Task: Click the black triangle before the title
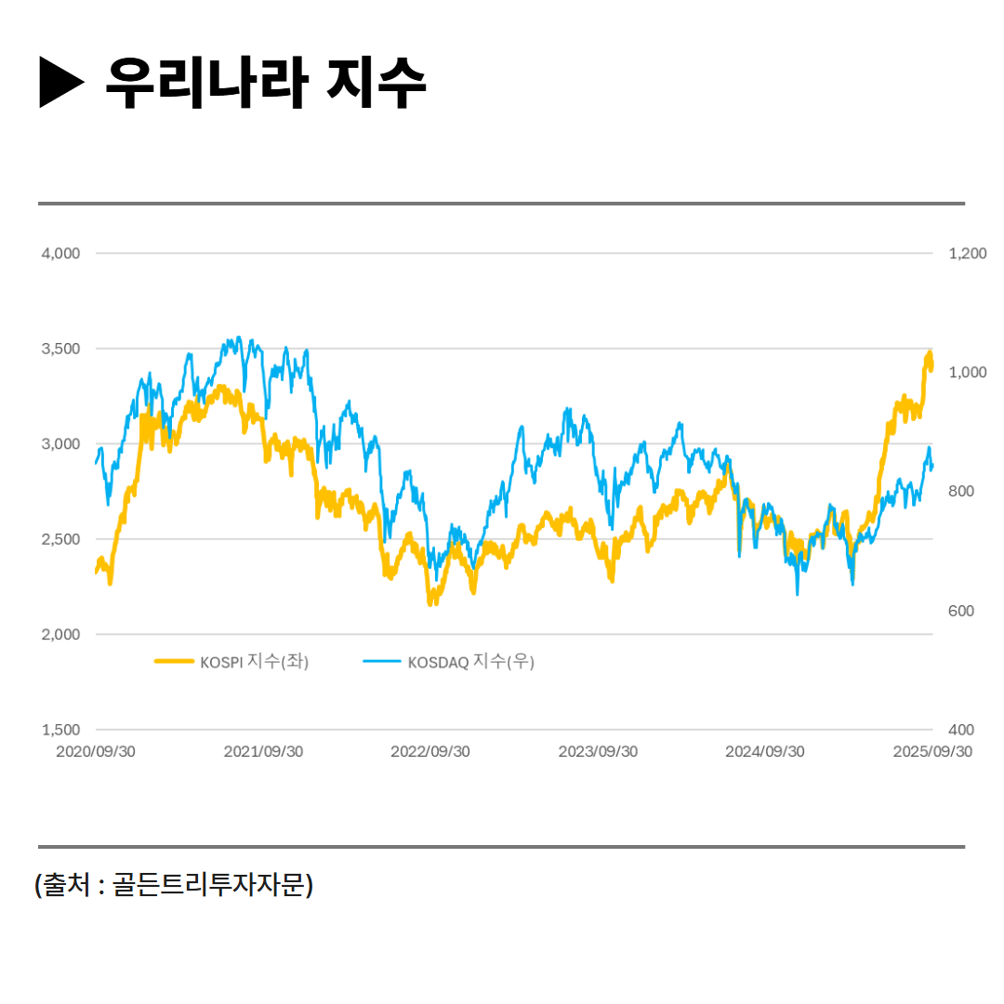tap(61, 83)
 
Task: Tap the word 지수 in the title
tap(376, 83)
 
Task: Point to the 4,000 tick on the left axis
tap(61, 253)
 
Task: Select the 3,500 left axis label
tap(61, 349)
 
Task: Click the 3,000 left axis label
tap(61, 444)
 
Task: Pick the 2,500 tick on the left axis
tap(61, 539)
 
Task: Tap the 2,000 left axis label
tap(61, 635)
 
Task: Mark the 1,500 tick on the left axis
tap(61, 730)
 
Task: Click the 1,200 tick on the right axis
tap(967, 253)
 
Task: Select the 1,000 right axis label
tap(967, 372)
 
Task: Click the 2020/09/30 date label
tap(96, 752)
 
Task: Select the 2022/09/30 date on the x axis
tap(430, 752)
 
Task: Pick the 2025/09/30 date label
tap(932, 752)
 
